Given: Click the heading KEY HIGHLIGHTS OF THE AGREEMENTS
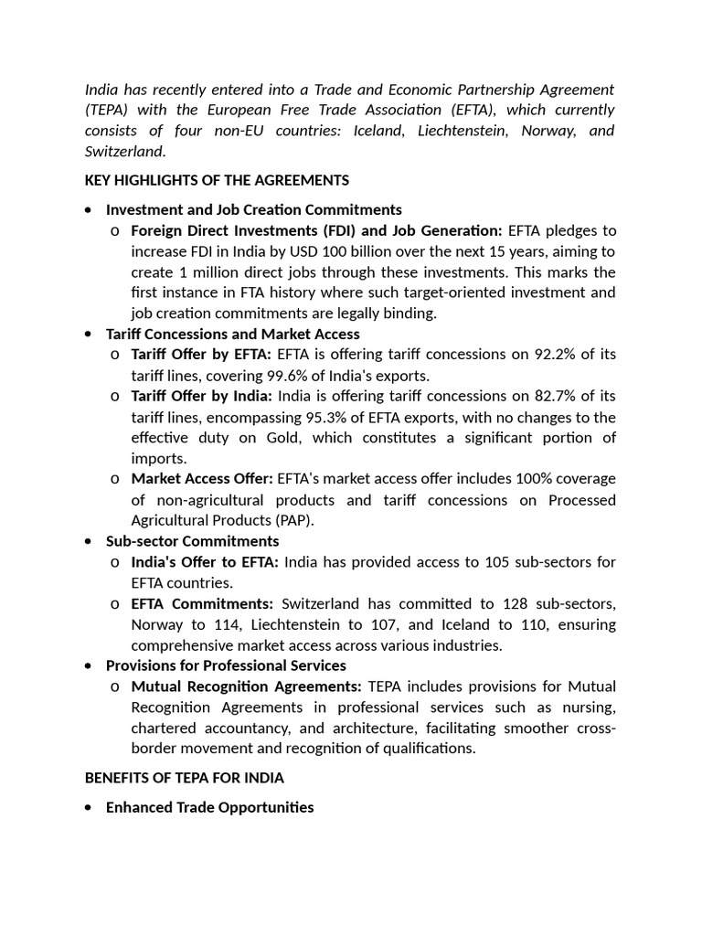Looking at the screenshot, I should point(217,180).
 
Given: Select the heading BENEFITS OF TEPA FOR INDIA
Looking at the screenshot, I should point(184,778).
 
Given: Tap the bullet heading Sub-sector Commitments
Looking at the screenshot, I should point(193,541).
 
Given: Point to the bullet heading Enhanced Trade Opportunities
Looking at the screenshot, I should point(209,807).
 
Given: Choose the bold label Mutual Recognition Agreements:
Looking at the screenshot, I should point(247,686).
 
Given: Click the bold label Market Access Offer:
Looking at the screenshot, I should point(202,479).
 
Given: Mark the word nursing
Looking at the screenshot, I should point(589,707).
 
